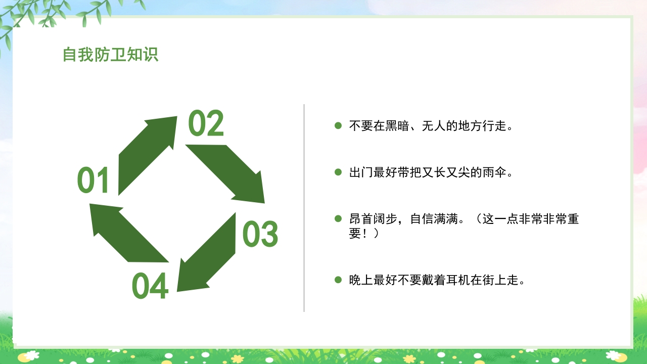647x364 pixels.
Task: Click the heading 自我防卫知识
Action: click(x=110, y=55)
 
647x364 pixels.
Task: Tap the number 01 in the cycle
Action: click(x=94, y=181)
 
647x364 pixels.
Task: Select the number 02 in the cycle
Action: click(x=206, y=124)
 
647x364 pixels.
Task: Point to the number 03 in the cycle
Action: click(x=260, y=234)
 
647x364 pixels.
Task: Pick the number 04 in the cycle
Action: click(x=150, y=286)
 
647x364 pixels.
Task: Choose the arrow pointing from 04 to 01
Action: click(x=126, y=233)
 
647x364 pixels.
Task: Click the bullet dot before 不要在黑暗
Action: click(x=338, y=125)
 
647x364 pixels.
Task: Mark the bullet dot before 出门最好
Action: click(x=338, y=172)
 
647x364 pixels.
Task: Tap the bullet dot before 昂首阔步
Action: click(x=338, y=219)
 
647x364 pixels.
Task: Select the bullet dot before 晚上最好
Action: click(x=338, y=280)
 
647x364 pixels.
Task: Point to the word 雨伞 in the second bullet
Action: click(x=494, y=172)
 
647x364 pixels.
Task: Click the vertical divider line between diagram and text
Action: click(x=304, y=208)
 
